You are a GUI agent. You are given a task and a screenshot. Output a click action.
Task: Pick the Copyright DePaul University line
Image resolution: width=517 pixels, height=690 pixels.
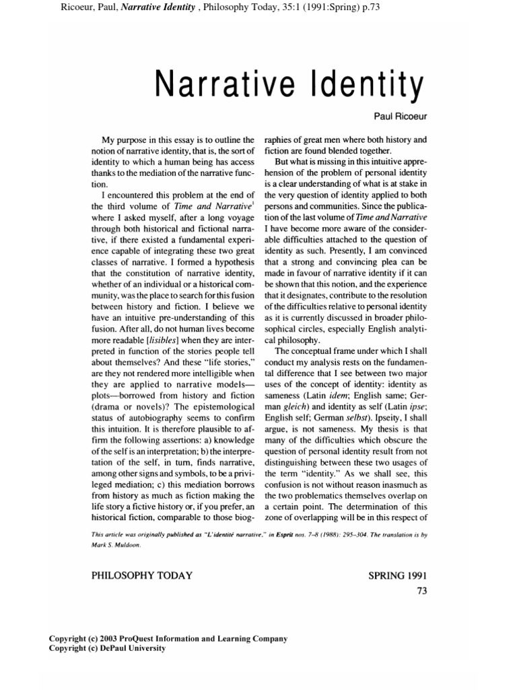[x=107, y=648]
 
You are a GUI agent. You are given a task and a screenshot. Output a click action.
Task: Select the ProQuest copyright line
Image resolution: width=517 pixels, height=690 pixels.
[x=168, y=638]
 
